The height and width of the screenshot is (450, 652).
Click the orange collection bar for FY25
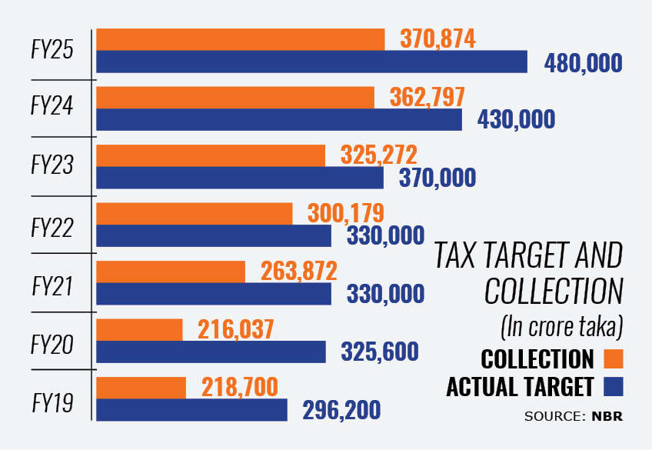(x=240, y=39)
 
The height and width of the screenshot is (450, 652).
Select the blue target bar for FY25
(x=311, y=62)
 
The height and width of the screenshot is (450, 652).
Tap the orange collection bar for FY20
(x=139, y=329)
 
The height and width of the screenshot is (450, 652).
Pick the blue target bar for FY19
(x=191, y=410)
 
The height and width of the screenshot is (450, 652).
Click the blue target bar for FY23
(x=240, y=178)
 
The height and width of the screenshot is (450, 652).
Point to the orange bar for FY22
(x=195, y=213)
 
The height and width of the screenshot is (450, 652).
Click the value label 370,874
(x=438, y=38)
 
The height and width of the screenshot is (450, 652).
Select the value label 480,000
(x=582, y=63)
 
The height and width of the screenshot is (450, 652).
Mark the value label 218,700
(x=239, y=387)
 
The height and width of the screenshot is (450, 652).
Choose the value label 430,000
(x=516, y=120)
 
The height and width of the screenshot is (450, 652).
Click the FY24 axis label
(x=52, y=105)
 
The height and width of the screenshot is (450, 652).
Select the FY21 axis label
(x=52, y=286)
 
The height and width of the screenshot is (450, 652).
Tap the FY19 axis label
(x=52, y=402)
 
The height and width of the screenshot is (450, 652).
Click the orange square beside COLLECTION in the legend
(x=613, y=359)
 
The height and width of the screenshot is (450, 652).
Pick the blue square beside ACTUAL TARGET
(x=613, y=386)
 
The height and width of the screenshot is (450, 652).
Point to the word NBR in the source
(x=607, y=417)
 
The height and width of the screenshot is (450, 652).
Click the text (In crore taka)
(x=561, y=328)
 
